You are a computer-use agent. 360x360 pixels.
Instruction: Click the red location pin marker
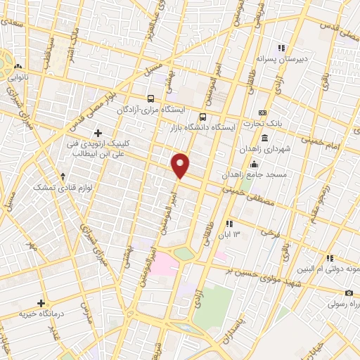coord(181,165)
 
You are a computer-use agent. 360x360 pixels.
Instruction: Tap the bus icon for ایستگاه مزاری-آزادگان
coord(150,99)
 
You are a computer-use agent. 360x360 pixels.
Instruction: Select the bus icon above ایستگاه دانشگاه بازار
coord(203,117)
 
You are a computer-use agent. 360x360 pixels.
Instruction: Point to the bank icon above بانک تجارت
coord(262,112)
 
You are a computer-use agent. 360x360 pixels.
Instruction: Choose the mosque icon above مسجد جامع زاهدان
coord(253,163)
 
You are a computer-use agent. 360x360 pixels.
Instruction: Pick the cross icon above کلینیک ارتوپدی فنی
coord(97,132)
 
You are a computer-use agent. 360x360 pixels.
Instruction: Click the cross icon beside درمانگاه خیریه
coord(41,302)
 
